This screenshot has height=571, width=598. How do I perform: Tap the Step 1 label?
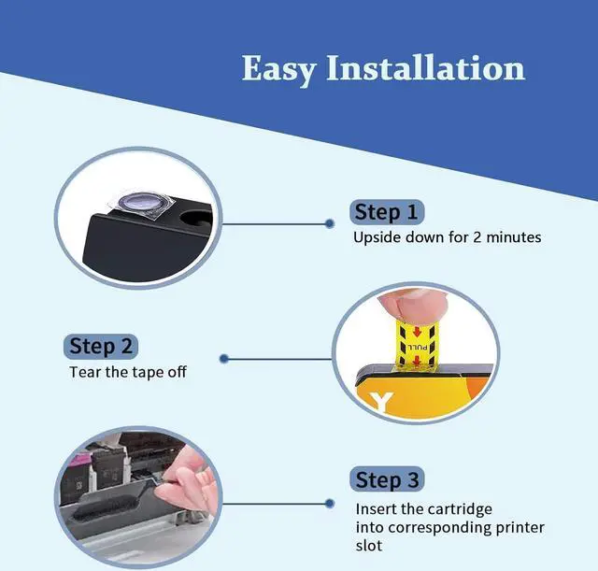[386, 212]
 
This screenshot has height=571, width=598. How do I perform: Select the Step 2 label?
[105, 347]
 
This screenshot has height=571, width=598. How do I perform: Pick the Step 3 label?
[386, 480]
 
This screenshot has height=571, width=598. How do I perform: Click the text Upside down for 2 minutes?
[447, 237]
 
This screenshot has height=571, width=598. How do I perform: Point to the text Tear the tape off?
[128, 372]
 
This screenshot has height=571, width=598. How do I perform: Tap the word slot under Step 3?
[368, 545]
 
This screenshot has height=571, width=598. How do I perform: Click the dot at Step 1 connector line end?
[329, 223]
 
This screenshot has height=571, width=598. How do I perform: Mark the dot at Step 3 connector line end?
[329, 503]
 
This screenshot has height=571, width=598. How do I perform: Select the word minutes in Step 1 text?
[514, 237]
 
